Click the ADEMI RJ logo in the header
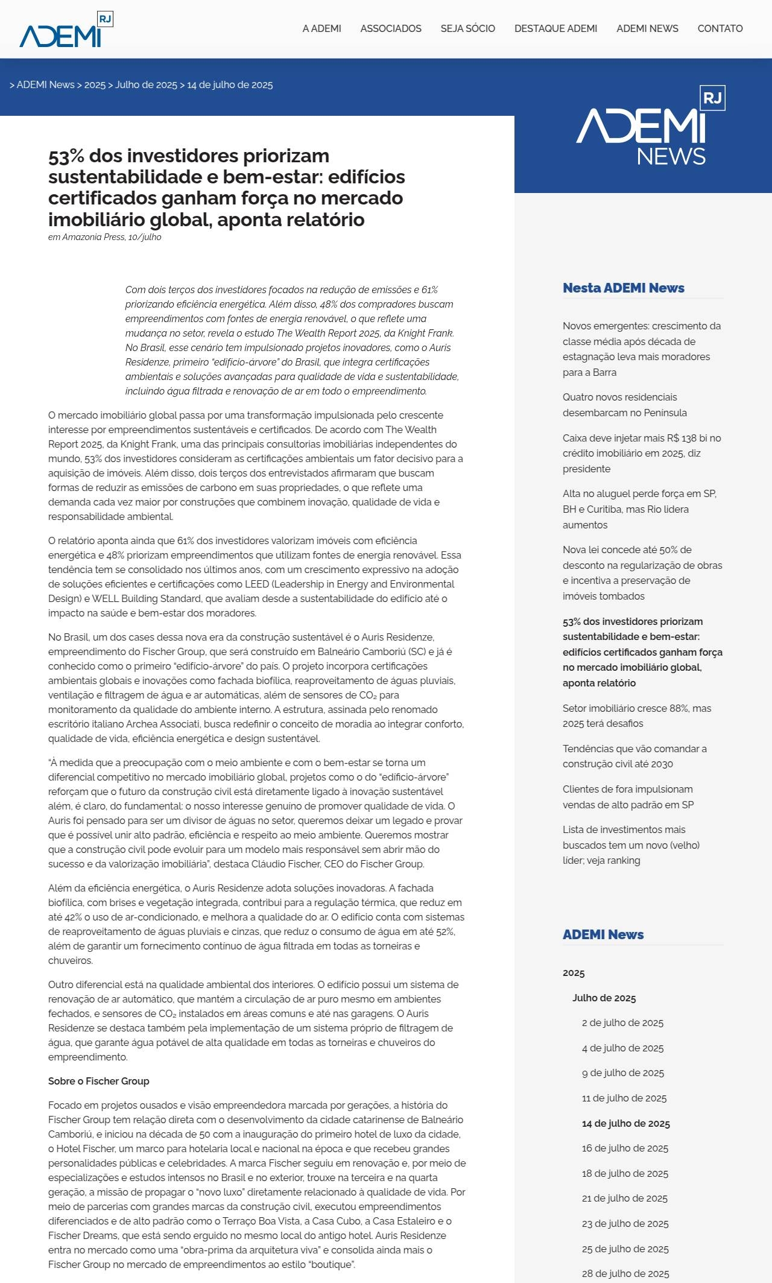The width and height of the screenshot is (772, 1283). click(x=66, y=30)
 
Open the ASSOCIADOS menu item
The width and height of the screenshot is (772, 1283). click(x=391, y=28)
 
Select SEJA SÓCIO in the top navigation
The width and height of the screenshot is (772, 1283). click(x=467, y=28)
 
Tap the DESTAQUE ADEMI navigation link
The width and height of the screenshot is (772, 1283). click(x=555, y=28)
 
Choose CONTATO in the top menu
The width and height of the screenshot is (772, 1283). click(x=720, y=28)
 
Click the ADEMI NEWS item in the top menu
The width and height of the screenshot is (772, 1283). click(x=647, y=28)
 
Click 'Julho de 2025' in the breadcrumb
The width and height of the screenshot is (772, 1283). click(x=146, y=85)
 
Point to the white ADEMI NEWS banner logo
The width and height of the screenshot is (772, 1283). click(x=650, y=127)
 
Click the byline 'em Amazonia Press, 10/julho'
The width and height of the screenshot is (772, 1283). click(x=104, y=237)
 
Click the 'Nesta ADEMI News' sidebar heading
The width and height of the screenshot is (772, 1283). click(x=623, y=288)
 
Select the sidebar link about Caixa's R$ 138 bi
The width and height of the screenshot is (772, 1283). click(x=641, y=453)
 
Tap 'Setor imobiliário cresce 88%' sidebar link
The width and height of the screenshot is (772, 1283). click(x=636, y=715)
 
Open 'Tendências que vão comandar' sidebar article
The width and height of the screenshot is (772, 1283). click(x=634, y=756)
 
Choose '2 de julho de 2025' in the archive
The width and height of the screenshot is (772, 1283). click(x=622, y=1022)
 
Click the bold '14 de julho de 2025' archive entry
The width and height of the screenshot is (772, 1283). click(x=625, y=1123)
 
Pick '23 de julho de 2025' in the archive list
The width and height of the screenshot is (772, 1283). click(x=625, y=1223)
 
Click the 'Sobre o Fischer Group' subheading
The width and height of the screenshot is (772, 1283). click(x=98, y=1081)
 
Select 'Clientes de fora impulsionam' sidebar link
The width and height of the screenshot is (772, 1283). click(x=628, y=796)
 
